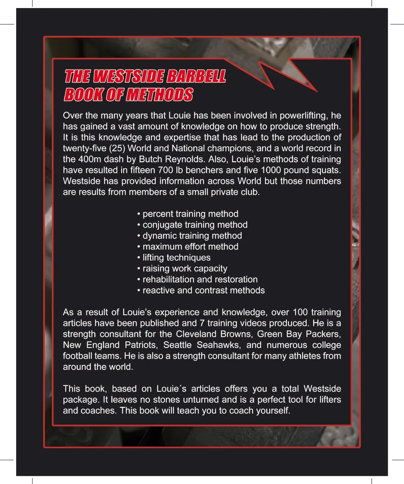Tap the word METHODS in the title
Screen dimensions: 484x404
click(x=159, y=95)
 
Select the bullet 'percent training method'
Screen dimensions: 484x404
click(x=188, y=214)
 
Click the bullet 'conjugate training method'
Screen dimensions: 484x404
click(x=192, y=225)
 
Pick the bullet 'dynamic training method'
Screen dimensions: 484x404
click(x=189, y=236)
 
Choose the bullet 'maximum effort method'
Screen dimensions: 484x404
click(x=188, y=246)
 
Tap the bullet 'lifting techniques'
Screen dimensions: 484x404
click(x=174, y=257)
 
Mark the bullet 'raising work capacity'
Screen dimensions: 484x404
click(x=182, y=268)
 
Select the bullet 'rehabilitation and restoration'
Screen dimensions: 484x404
click(x=197, y=279)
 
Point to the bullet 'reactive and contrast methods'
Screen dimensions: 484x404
click(x=201, y=290)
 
